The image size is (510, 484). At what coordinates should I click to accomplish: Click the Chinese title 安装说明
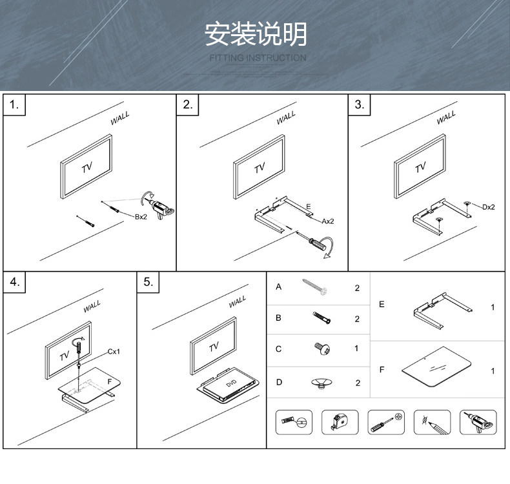(x=256, y=34)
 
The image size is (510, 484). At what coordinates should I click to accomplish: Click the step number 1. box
(x=15, y=105)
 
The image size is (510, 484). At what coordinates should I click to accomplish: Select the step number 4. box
(x=15, y=282)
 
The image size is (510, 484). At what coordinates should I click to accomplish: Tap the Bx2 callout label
(x=141, y=217)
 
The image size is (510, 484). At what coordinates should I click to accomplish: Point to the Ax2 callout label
(x=328, y=221)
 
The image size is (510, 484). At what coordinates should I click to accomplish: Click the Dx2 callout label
(x=488, y=207)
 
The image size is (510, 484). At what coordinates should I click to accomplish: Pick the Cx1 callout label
(x=114, y=352)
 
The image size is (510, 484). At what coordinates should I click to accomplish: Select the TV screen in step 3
(x=420, y=167)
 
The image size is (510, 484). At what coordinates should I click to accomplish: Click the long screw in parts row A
(x=315, y=287)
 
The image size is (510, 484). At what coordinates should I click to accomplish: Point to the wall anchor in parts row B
(x=321, y=318)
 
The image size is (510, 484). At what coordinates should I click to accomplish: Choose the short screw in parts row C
(x=322, y=348)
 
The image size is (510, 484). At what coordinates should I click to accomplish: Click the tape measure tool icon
(x=340, y=423)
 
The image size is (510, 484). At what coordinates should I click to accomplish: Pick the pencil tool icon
(x=431, y=423)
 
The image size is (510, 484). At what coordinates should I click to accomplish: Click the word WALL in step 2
(x=286, y=117)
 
